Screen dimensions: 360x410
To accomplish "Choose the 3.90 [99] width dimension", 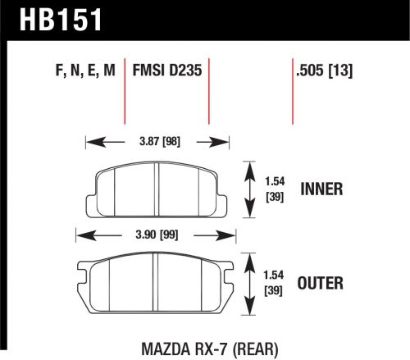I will point(157,236).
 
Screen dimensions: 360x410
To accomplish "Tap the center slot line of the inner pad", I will point(157,190).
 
